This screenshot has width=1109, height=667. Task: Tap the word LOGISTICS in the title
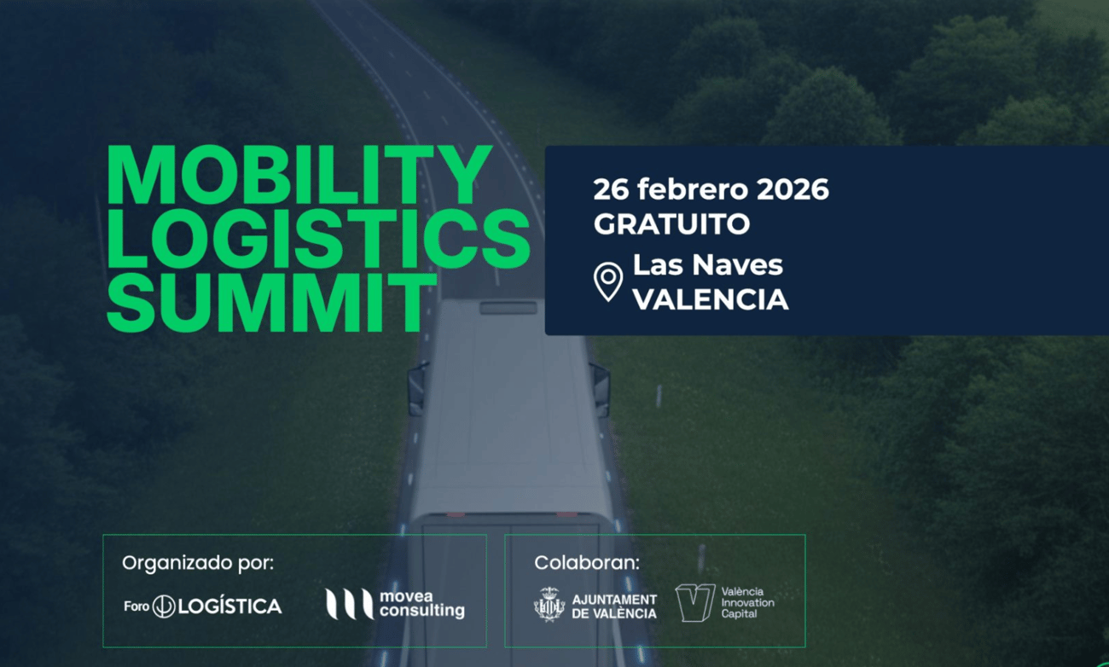(x=318, y=239)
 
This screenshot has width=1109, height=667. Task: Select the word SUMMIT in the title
(x=271, y=302)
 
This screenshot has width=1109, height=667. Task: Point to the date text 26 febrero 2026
(x=711, y=189)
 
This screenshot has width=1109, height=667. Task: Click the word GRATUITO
(x=672, y=223)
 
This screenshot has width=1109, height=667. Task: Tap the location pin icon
(x=608, y=281)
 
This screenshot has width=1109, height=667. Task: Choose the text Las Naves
(x=708, y=264)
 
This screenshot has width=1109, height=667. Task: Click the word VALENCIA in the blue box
(x=711, y=299)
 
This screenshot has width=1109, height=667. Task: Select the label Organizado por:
(x=198, y=564)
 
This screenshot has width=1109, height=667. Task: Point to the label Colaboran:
(x=587, y=563)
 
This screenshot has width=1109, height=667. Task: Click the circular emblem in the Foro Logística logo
(x=164, y=606)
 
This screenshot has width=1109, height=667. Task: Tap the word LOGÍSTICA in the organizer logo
(x=229, y=606)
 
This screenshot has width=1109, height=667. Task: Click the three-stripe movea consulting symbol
(x=349, y=604)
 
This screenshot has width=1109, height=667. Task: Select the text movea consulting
(x=421, y=604)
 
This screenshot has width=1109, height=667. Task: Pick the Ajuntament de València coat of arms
(x=549, y=604)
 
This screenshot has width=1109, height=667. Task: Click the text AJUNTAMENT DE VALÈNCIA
(x=614, y=606)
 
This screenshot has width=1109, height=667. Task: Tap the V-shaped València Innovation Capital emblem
(x=695, y=603)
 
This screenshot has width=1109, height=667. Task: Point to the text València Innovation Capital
(x=747, y=603)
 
